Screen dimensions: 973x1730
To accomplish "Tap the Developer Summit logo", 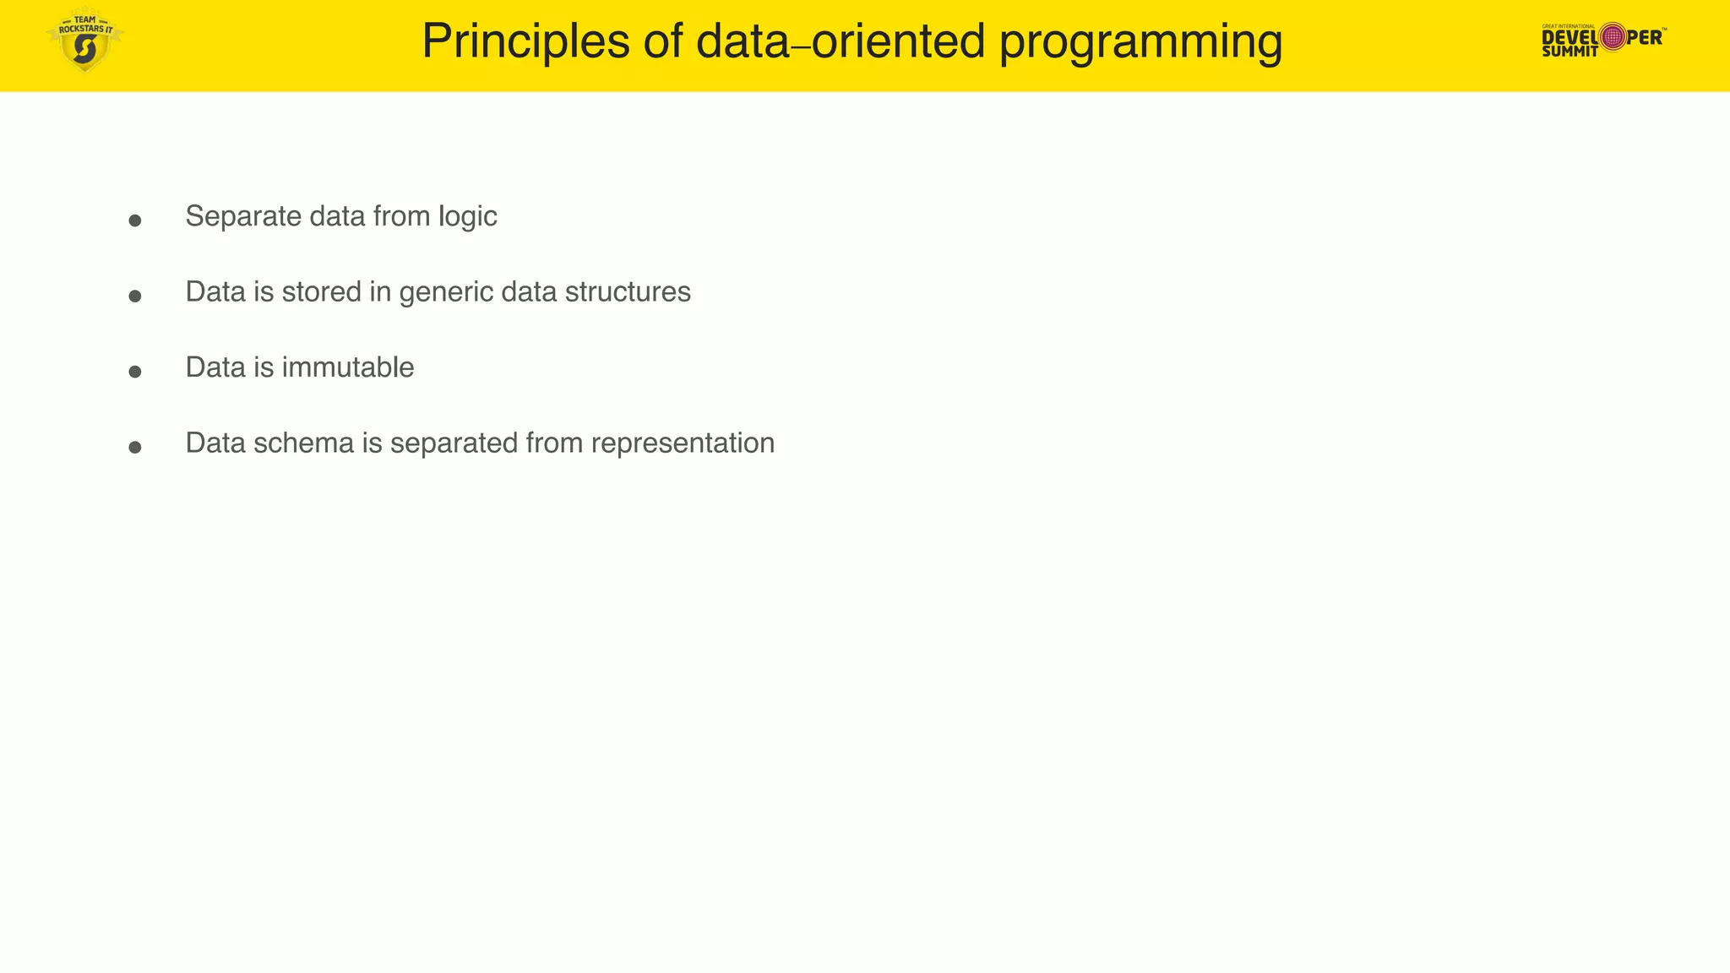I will pos(1602,39).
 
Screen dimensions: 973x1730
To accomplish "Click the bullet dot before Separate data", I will pos(134,220).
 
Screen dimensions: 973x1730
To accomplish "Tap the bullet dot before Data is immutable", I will pos(134,372).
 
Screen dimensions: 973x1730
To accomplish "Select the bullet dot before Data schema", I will pos(134,447).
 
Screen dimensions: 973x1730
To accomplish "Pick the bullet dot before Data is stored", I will pos(134,296).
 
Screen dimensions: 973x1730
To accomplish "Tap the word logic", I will pos(467,216).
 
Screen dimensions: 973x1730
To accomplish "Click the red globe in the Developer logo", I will pos(1613,36).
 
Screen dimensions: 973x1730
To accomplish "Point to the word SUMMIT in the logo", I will pos(1570,52).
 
